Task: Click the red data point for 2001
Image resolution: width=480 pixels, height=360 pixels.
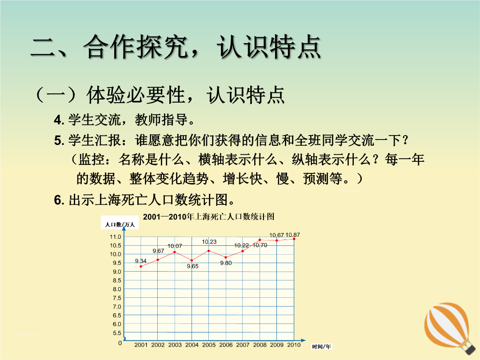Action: (x=141, y=266)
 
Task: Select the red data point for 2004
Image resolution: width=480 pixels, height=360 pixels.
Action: (x=192, y=260)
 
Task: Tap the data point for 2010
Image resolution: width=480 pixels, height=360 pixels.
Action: (x=294, y=239)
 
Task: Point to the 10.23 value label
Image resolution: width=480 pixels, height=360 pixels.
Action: (x=209, y=242)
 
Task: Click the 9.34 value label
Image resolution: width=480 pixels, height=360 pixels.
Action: (x=141, y=261)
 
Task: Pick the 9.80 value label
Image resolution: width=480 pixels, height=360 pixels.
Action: (x=226, y=263)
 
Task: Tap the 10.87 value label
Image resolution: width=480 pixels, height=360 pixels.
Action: (x=292, y=235)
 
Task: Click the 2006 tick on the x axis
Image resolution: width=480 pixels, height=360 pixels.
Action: (x=226, y=345)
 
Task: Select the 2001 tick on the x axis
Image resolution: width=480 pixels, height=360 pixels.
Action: (x=141, y=345)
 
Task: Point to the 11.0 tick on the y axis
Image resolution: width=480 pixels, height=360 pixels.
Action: (x=116, y=236)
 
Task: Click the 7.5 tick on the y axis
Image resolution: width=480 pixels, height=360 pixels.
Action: (x=117, y=298)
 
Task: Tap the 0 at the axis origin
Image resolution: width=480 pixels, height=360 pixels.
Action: (x=120, y=343)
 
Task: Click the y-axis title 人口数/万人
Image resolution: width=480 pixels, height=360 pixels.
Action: (x=120, y=224)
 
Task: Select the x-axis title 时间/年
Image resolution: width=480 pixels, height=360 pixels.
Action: (x=321, y=347)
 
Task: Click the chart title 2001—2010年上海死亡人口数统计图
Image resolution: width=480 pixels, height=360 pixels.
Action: (x=208, y=217)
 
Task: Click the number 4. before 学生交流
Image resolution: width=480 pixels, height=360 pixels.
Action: (x=59, y=120)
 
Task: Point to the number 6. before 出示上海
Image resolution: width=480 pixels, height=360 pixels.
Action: (x=59, y=200)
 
